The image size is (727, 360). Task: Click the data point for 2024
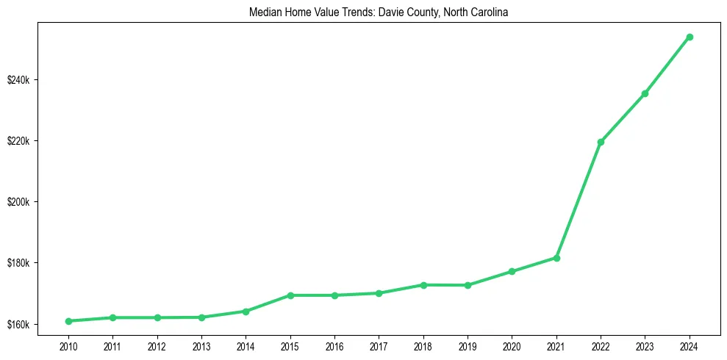point(690,37)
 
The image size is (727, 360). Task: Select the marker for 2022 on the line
point(601,142)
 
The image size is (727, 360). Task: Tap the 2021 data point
point(556,258)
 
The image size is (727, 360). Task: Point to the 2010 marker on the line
point(68,321)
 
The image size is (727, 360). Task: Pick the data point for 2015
point(290,295)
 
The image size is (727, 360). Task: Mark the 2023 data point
point(645,93)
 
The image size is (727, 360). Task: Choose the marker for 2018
point(423,285)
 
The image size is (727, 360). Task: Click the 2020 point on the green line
point(512,271)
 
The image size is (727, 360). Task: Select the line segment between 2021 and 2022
point(579,200)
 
